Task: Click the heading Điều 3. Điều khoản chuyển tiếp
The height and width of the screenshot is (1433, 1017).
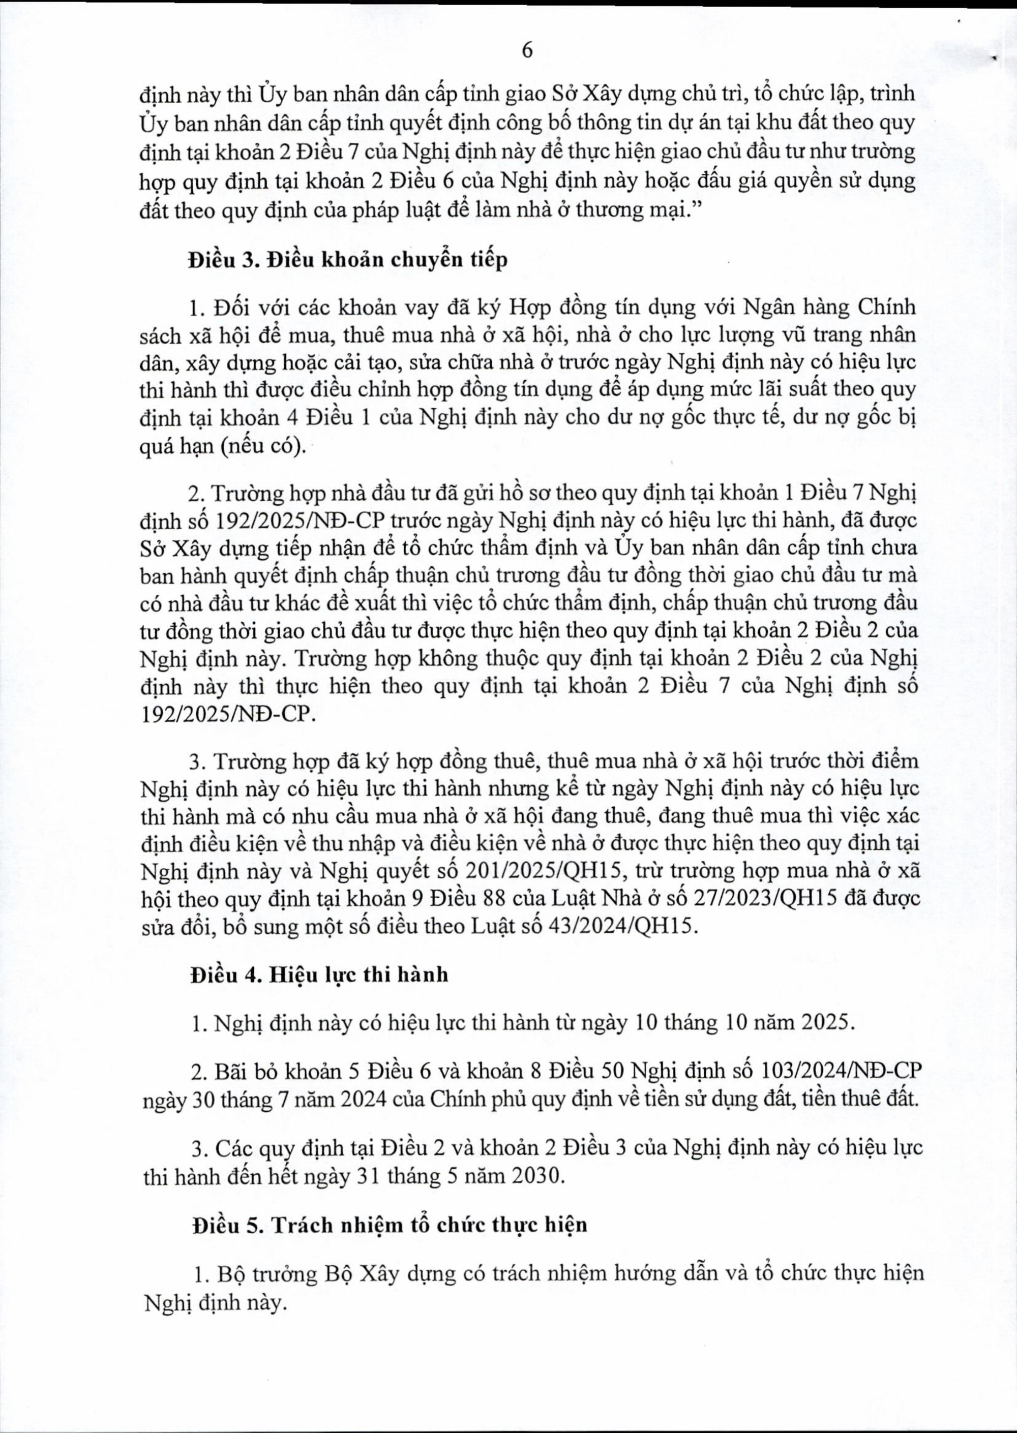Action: [348, 260]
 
